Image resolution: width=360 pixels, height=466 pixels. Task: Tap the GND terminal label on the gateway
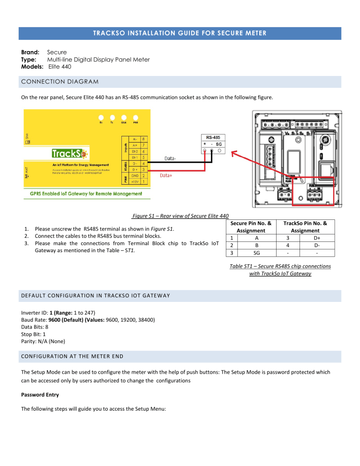134,175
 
